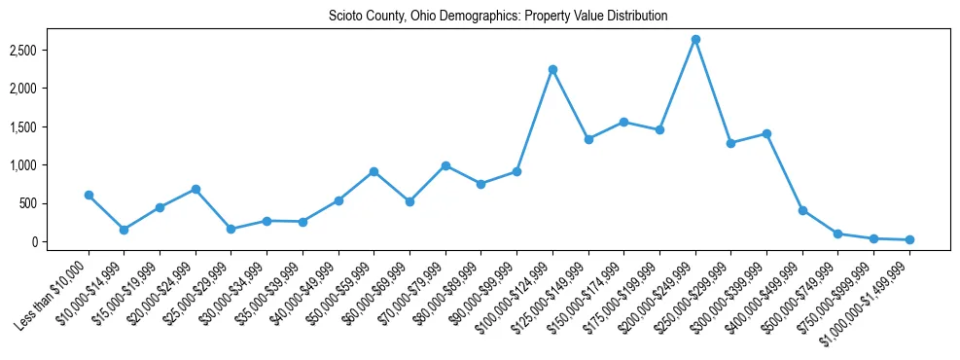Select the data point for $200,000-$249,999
coord(695,40)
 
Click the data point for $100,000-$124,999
coord(552,69)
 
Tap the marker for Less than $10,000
coord(89,195)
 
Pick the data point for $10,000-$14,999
coord(124,230)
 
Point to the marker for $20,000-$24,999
coord(196,189)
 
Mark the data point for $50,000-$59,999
coord(373,171)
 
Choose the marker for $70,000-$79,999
coord(445,165)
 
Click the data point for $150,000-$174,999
coord(623,122)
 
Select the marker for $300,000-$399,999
coord(766,133)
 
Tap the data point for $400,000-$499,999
coord(802,210)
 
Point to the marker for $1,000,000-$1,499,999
coord(909,239)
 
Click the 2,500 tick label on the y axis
coord(51,50)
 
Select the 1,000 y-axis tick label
coord(51,165)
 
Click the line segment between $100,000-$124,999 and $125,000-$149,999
coord(570,104)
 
